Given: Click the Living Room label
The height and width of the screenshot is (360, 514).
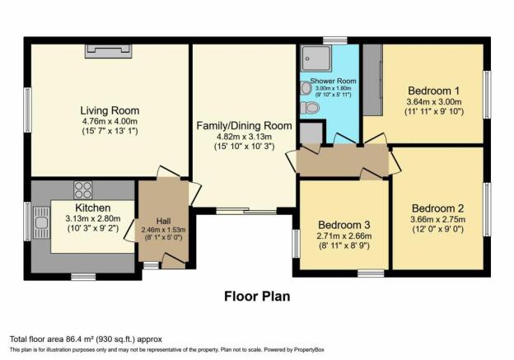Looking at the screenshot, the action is tap(110, 110).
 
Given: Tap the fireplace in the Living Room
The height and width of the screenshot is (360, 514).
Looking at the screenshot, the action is tap(108, 51).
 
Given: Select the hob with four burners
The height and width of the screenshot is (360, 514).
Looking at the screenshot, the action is tap(83, 189).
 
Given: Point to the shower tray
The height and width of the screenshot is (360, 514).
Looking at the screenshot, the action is tap(316, 58).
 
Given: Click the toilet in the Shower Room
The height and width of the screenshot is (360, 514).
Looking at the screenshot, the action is tap(310, 108).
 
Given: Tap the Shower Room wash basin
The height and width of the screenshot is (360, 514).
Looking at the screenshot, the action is tap(306, 88).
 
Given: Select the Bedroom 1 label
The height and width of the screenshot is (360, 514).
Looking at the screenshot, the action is tap(433, 91).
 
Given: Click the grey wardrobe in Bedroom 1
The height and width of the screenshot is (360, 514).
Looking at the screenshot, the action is tap(373, 80).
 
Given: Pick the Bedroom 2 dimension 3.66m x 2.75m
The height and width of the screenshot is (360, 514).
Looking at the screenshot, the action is tap(438, 219).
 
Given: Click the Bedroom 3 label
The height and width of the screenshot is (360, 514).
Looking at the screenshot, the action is tap(343, 225).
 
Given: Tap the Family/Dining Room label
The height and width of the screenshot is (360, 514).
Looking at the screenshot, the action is tap(244, 125).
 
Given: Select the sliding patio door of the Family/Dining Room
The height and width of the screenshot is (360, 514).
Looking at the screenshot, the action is tap(246, 211).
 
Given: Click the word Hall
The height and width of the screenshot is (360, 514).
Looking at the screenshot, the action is tap(163, 222).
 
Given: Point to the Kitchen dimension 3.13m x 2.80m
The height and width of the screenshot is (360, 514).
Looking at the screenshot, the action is tap(93, 218).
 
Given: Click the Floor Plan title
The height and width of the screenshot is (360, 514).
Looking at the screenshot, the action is tap(257, 296).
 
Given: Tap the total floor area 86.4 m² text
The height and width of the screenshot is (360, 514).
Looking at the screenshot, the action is tap(86, 339).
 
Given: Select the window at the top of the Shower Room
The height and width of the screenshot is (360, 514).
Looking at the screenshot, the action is tap(334, 40).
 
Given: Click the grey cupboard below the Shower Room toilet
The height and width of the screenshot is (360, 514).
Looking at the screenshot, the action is tap(311, 133).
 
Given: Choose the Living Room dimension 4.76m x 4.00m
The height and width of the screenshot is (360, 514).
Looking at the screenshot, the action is tap(110, 121).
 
